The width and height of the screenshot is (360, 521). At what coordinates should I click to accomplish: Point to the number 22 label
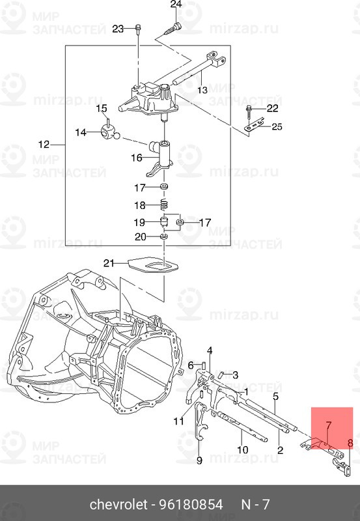pyautogui.click(x=272, y=108)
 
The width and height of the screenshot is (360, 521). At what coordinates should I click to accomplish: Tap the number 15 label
pyautogui.click(x=102, y=108)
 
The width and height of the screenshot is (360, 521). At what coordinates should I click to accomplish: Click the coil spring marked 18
pyautogui.click(x=165, y=205)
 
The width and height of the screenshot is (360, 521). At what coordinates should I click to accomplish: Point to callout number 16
pyautogui.click(x=136, y=158)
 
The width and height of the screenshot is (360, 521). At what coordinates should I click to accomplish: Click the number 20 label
pyautogui.click(x=141, y=237)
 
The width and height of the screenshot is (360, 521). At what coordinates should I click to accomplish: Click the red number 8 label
pyautogui.click(x=350, y=444)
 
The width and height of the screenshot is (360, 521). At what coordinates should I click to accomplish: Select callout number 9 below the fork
pyautogui.click(x=199, y=460)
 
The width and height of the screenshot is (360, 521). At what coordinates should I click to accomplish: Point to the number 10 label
pyautogui.click(x=242, y=449)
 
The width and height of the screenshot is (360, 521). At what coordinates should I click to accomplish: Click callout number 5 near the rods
pyautogui.click(x=275, y=396)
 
